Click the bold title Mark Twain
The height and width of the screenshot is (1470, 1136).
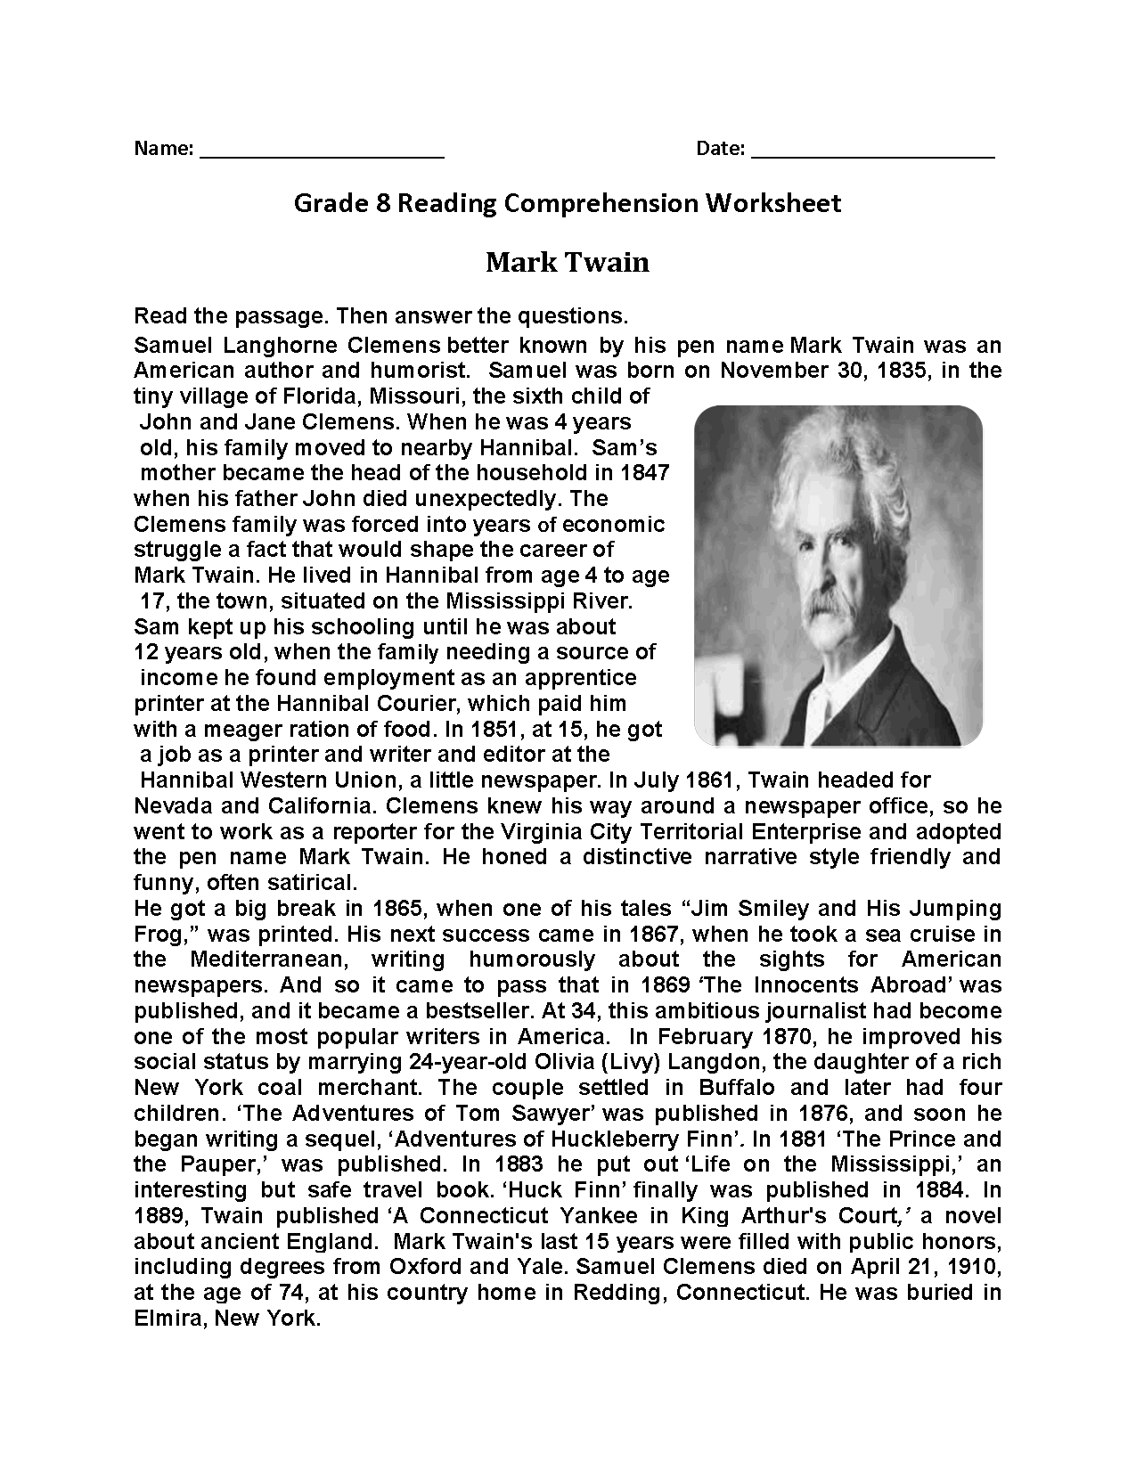568,263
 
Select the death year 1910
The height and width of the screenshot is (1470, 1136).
976,1267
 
